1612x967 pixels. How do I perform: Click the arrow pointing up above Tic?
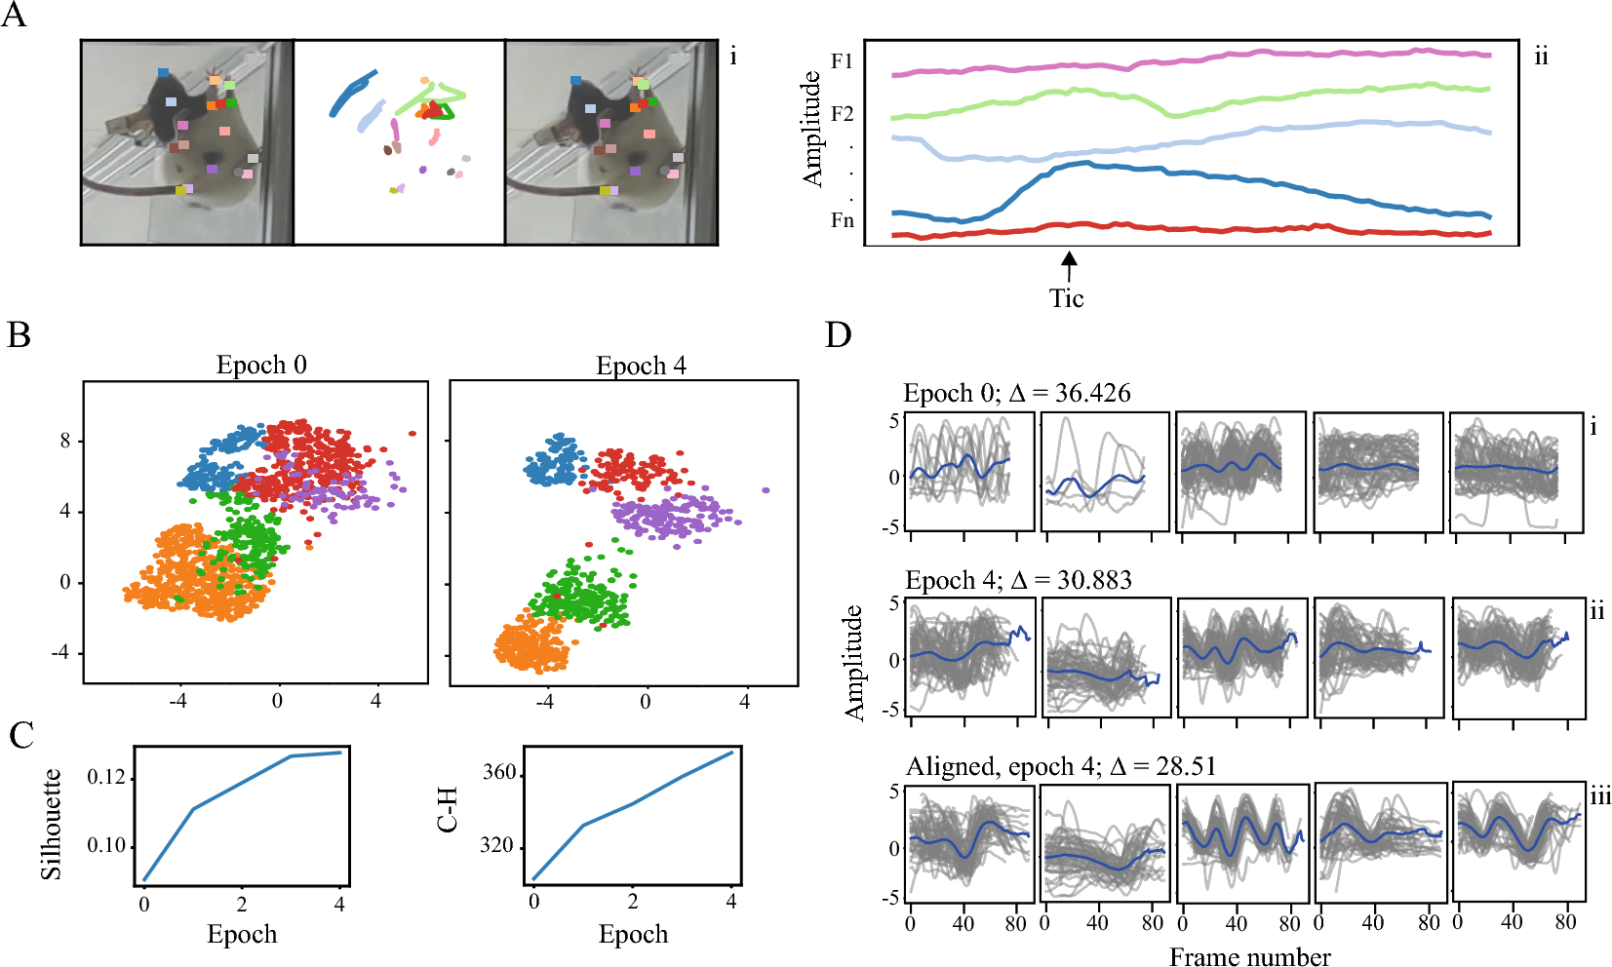pyautogui.click(x=1070, y=265)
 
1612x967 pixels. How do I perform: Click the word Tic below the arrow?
pyautogui.click(x=1067, y=298)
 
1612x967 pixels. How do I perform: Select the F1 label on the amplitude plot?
pyautogui.click(x=842, y=61)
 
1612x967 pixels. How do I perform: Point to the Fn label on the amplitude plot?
pyautogui.click(x=842, y=220)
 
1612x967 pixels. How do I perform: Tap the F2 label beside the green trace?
pyautogui.click(x=842, y=114)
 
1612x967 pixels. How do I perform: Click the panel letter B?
pyautogui.click(x=19, y=335)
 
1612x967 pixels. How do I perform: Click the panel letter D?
pyautogui.click(x=838, y=335)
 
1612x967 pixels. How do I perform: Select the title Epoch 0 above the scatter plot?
pyautogui.click(x=261, y=366)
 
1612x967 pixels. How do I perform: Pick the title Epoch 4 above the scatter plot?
pyautogui.click(x=641, y=366)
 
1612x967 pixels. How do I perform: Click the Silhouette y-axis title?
pyautogui.click(x=51, y=825)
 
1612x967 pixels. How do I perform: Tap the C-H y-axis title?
pyautogui.click(x=448, y=810)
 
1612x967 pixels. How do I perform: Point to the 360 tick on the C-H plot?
pyautogui.click(x=498, y=773)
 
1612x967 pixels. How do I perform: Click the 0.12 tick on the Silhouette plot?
pyautogui.click(x=106, y=777)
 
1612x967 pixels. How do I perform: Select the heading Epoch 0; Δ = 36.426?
pyautogui.click(x=1017, y=394)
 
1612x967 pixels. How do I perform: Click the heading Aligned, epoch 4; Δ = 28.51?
pyautogui.click(x=1061, y=766)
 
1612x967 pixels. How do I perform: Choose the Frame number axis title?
pyautogui.click(x=1249, y=956)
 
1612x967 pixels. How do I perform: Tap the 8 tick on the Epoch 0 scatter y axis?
pyautogui.click(x=65, y=441)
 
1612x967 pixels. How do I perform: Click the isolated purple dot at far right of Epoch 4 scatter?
pyautogui.click(x=766, y=490)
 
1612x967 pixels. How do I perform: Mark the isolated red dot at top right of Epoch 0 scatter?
pyautogui.click(x=413, y=433)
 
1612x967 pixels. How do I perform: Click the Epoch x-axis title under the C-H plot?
pyautogui.click(x=633, y=934)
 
